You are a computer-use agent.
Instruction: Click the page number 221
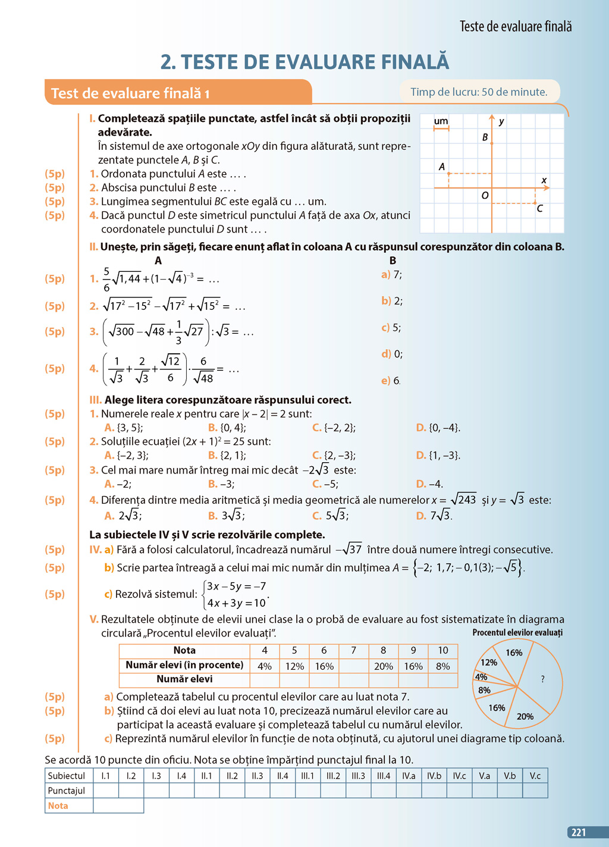click(579, 833)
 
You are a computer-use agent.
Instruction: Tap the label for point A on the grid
click(442, 167)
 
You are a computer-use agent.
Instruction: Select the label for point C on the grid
click(539, 209)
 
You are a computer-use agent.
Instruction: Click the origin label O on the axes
click(485, 196)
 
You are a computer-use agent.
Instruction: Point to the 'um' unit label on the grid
click(441, 121)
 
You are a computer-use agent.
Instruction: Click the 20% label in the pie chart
click(525, 716)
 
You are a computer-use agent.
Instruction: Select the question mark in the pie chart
click(542, 679)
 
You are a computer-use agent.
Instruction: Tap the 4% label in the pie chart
click(481, 677)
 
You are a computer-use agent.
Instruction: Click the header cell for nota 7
click(353, 651)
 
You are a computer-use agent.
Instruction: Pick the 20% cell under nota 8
click(383, 666)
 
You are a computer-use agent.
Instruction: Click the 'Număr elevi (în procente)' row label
click(184, 665)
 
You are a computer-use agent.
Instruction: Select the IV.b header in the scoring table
click(434, 776)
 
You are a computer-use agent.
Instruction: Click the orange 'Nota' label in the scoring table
click(58, 805)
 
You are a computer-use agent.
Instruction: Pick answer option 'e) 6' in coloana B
click(391, 381)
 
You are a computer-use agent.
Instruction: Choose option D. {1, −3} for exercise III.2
click(438, 456)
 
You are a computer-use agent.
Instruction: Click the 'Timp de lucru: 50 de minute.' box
click(479, 92)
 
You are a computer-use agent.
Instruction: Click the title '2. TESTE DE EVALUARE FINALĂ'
click(304, 62)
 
